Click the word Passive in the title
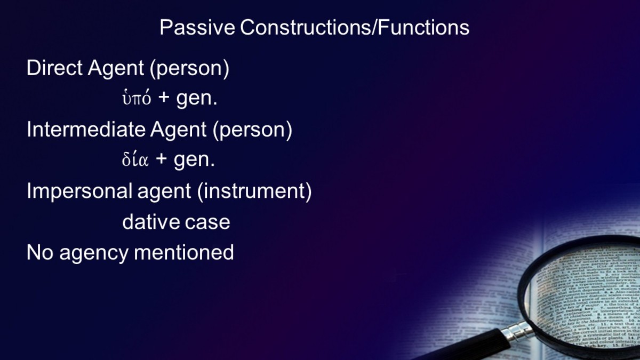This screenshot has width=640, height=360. click(197, 27)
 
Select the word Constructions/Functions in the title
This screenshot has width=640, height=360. click(355, 27)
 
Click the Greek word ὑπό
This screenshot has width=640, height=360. click(137, 98)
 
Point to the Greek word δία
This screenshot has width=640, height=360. click(135, 159)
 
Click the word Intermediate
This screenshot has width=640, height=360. click(86, 130)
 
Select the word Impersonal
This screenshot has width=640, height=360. click(79, 191)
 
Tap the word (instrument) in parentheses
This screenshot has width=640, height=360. click(254, 191)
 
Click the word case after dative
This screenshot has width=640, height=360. click(207, 222)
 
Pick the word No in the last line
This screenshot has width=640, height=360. click(39, 252)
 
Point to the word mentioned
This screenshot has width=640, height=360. click(183, 252)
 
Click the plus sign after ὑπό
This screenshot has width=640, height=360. click(164, 98)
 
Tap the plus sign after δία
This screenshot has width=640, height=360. click(162, 159)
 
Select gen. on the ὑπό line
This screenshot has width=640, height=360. click(197, 99)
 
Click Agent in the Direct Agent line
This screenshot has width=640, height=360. click(116, 69)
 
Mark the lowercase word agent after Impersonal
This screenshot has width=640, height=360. click(164, 193)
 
